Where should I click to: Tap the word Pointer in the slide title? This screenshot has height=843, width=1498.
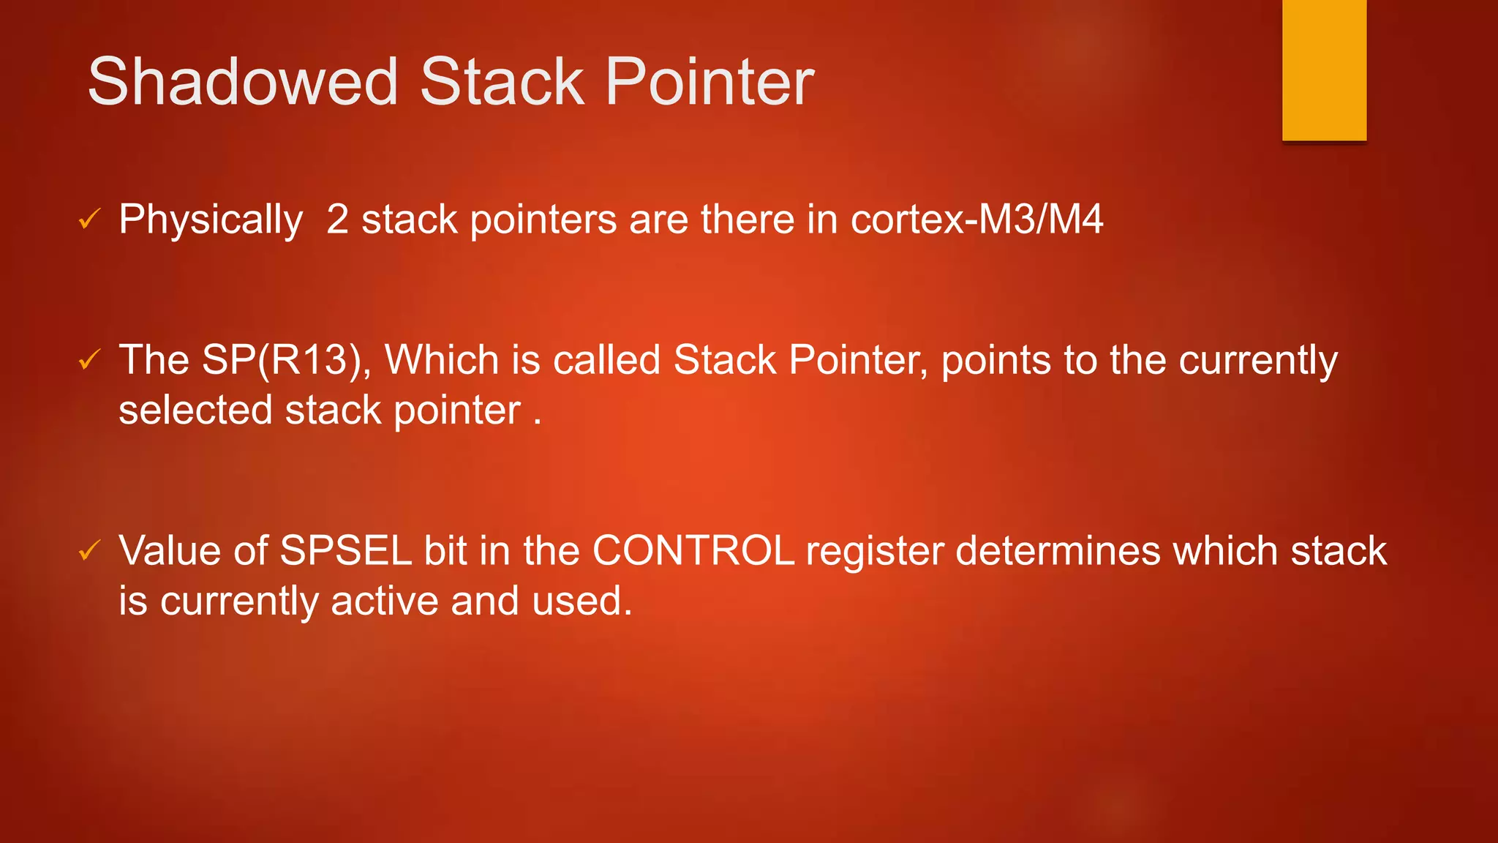[710, 82]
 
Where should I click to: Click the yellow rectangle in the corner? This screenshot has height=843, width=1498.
[1324, 70]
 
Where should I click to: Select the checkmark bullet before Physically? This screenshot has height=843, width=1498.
[89, 219]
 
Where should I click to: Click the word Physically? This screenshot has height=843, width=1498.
[211, 220]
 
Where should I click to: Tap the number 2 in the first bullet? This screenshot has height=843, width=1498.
[337, 220]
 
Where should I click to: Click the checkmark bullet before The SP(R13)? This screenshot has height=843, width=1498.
[89, 359]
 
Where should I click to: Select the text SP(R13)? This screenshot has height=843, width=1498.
[286, 360]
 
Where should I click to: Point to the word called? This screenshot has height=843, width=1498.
[606, 360]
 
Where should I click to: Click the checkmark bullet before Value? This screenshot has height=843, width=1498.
[89, 550]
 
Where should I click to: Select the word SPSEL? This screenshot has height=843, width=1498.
[346, 550]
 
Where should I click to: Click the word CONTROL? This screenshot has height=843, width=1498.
[693, 550]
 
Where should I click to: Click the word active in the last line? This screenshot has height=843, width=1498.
[384, 601]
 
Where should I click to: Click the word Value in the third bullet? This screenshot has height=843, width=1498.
[170, 550]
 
